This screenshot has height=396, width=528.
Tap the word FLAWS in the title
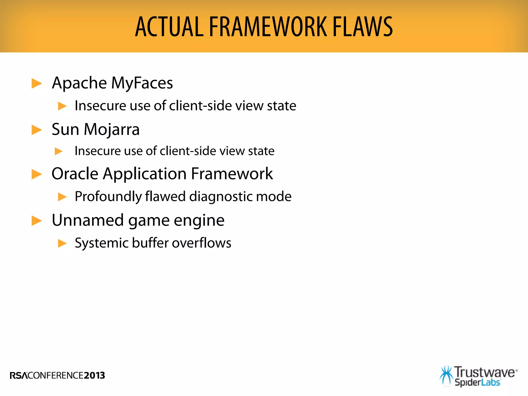click(x=362, y=27)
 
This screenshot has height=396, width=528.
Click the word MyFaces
click(x=142, y=83)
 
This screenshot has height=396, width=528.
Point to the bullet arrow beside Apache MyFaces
click(x=37, y=84)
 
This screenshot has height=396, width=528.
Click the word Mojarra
click(x=112, y=129)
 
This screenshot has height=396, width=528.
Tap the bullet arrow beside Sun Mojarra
click(x=37, y=130)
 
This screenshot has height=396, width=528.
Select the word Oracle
click(x=75, y=174)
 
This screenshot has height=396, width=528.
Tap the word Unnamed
click(x=88, y=220)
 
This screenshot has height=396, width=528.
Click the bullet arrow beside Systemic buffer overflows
click(x=62, y=243)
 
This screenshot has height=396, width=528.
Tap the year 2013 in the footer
click(x=94, y=375)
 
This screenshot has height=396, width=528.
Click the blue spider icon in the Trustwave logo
click(x=446, y=376)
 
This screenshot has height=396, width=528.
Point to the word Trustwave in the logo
click(x=485, y=373)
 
